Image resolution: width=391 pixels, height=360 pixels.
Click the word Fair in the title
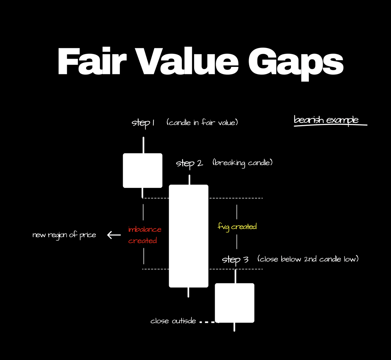[x=92, y=62]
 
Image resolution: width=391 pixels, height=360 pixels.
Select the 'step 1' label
[x=143, y=123]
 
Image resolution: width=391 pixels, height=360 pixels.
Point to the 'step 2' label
[x=189, y=163]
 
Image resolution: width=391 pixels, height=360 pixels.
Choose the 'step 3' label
[x=235, y=260]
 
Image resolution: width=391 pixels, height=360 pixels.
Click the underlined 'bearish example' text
[x=326, y=120]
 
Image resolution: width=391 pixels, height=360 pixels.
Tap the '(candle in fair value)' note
[x=202, y=123]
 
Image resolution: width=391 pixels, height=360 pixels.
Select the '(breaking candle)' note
[x=242, y=162]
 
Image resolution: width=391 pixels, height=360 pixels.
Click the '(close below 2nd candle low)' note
[x=308, y=259]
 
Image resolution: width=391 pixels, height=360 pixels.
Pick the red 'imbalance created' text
[x=144, y=235]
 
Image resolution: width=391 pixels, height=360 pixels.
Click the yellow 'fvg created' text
[x=237, y=227]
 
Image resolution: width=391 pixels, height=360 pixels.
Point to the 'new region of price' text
[x=64, y=235]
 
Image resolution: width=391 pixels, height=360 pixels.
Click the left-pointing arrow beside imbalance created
[x=114, y=235]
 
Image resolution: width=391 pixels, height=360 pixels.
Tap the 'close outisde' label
[x=173, y=321]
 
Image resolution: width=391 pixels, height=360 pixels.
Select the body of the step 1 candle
[x=142, y=170]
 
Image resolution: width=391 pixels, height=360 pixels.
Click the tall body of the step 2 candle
[x=188, y=236]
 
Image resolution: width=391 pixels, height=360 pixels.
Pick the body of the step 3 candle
[x=234, y=303]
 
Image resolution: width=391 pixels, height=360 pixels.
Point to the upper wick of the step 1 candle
[x=143, y=145]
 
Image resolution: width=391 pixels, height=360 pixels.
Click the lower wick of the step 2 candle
[x=188, y=292]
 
